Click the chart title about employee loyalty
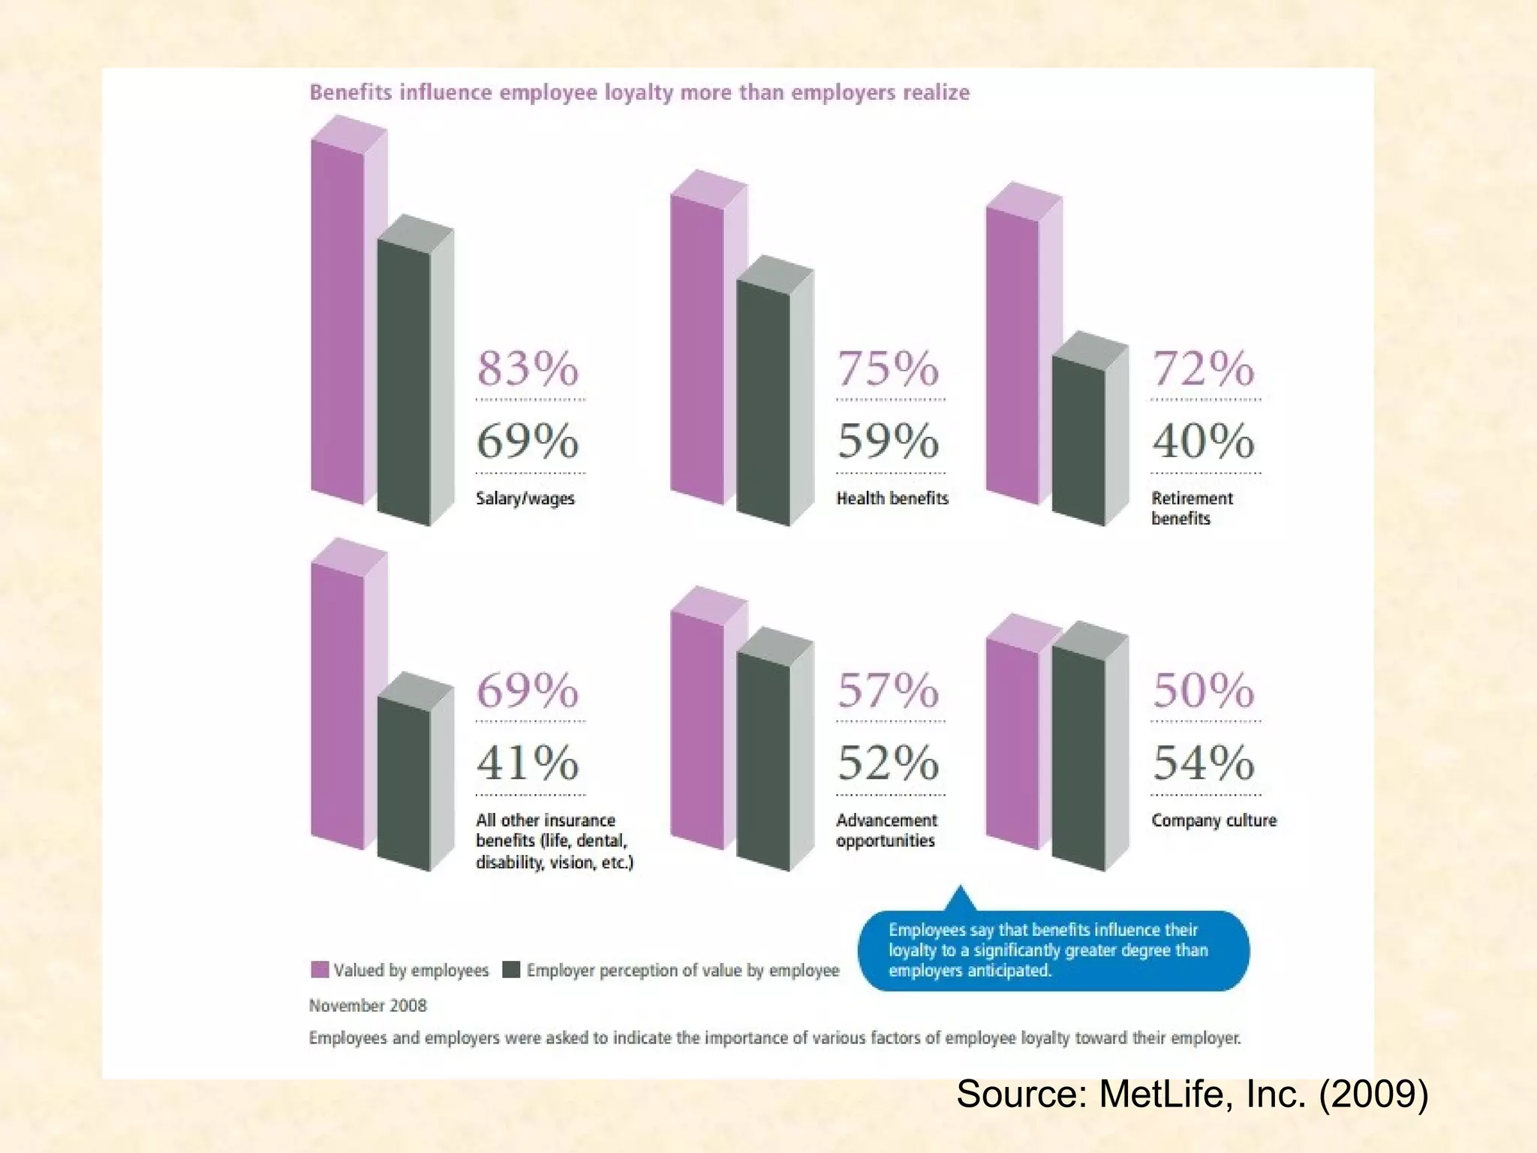point(639,92)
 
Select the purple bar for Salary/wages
point(338,323)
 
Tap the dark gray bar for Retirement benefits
point(1078,443)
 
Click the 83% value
point(528,369)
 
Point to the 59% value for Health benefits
point(888,441)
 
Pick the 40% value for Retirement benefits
point(1203,441)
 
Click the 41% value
point(528,763)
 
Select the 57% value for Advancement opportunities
point(888,691)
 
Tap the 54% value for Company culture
point(1203,763)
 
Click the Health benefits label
point(892,498)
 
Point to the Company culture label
point(1214,820)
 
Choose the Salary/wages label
point(525,498)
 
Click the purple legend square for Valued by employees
point(320,970)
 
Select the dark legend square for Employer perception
point(511,970)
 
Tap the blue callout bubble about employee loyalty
point(1053,950)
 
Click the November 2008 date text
point(368,1005)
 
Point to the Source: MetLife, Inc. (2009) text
point(1192,1094)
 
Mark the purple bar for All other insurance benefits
point(338,706)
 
